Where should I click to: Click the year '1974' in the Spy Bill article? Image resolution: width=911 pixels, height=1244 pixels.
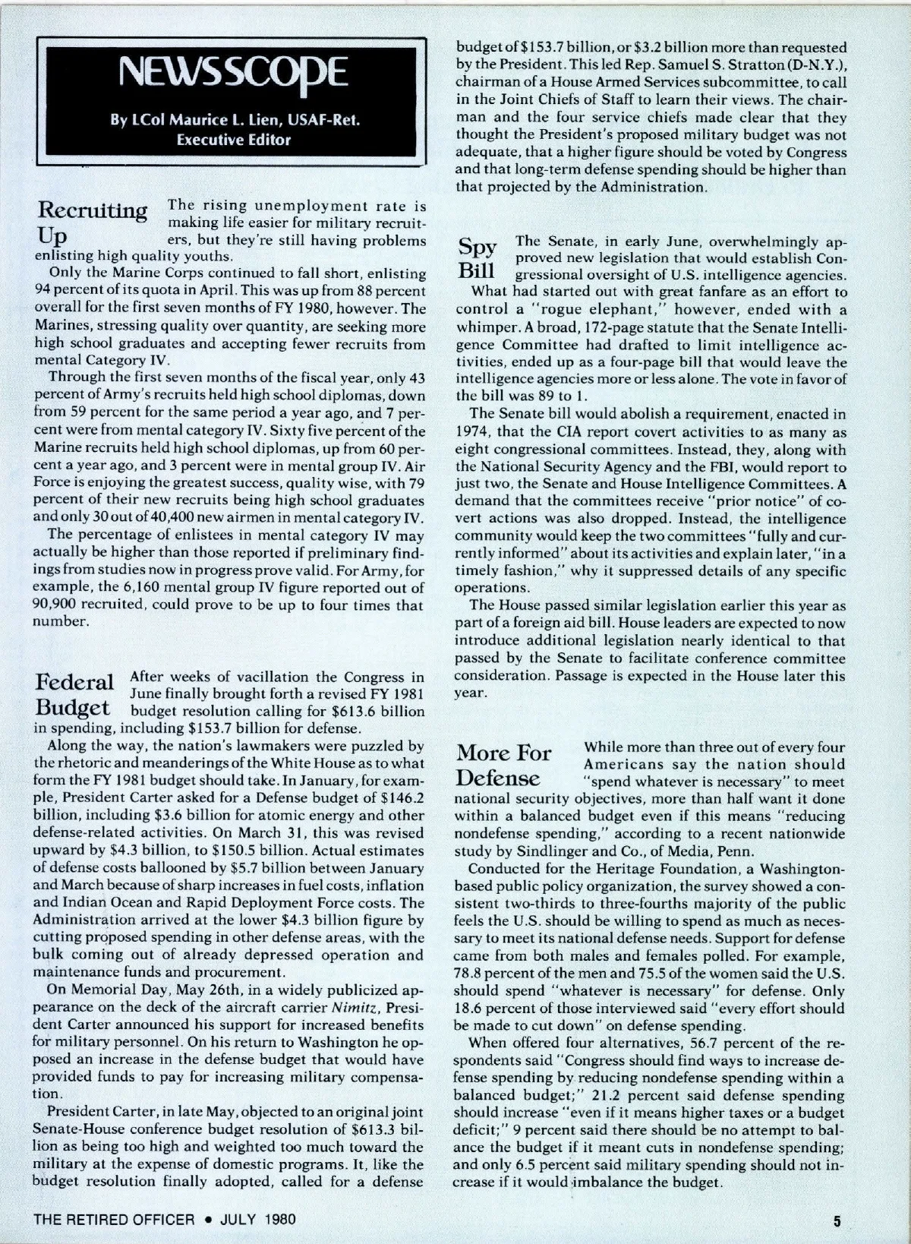470,433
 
